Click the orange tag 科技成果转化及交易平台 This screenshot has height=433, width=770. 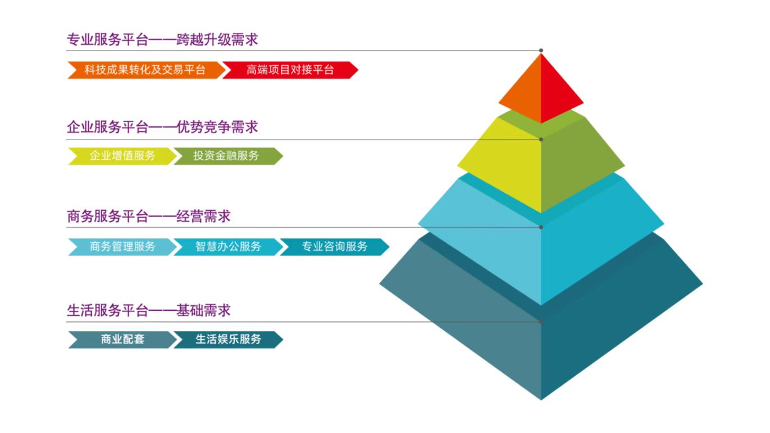pos(147,70)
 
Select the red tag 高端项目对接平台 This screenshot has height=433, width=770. pos(290,70)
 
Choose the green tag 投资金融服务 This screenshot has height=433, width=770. pos(228,156)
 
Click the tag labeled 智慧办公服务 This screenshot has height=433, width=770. pos(228,247)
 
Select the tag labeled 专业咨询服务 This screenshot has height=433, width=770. pos(335,247)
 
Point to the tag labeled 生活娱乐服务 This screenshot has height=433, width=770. pos(228,339)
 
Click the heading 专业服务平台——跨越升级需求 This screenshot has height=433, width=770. pos(162,40)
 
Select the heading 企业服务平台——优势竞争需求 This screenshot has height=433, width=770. pos(162,127)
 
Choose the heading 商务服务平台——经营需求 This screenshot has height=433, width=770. pos(148,216)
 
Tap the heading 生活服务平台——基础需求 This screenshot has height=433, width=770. pos(148,311)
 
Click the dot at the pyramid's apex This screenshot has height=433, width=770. pos(541,50)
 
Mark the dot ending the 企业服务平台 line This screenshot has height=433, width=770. pos(541,140)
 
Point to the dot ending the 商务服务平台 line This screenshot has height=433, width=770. pos(541,227)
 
